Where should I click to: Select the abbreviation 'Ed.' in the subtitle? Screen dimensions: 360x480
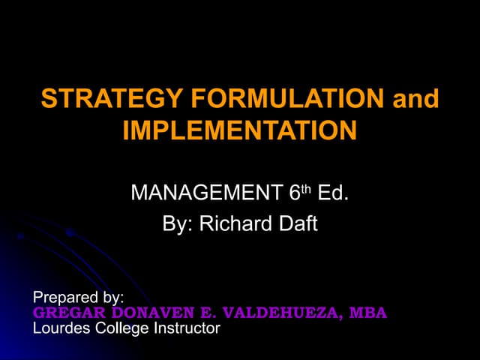coord(332,193)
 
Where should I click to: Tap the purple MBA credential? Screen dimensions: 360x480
coord(368,313)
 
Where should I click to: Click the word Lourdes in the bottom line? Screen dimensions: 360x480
coord(64,328)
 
